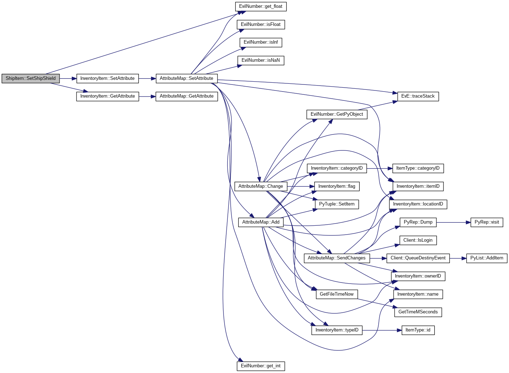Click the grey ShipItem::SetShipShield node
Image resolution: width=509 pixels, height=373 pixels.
point(31,78)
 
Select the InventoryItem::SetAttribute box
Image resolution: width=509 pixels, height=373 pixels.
point(107,78)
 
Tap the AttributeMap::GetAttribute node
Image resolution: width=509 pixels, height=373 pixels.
point(187,97)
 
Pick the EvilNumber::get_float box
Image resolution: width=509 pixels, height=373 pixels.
point(261,7)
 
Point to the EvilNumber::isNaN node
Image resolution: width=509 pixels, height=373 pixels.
point(261,61)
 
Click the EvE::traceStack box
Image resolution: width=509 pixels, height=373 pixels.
point(418,97)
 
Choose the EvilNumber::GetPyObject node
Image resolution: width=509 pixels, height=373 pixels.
point(337,114)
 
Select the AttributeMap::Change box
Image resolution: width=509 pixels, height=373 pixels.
point(261,187)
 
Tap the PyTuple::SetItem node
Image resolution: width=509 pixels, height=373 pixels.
point(337,204)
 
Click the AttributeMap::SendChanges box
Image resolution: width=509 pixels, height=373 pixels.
point(337,258)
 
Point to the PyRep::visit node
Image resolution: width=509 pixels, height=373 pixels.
point(487,222)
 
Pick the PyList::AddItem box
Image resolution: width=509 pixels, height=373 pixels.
point(487,258)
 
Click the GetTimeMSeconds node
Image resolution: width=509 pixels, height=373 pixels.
point(418,312)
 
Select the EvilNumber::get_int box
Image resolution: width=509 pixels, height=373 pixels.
point(261,366)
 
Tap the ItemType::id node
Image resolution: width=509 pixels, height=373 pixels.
point(418,330)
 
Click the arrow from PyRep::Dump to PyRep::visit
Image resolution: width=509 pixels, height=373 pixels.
point(453,222)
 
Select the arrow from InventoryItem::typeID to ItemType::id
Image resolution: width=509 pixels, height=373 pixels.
point(382,330)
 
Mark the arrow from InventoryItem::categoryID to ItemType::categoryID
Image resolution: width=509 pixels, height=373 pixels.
point(380,169)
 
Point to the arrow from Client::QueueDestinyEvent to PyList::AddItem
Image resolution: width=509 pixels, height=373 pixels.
point(458,258)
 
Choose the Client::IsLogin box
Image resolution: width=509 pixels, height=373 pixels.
point(418,240)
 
